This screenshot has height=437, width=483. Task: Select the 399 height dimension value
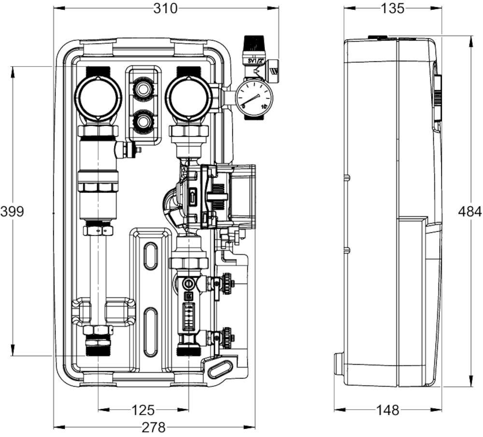(x=12, y=211)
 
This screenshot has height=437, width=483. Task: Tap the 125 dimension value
(x=143, y=410)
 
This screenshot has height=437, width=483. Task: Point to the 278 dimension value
(x=154, y=427)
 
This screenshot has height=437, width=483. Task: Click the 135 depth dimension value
(x=392, y=8)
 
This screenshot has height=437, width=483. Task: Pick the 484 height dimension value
(x=470, y=211)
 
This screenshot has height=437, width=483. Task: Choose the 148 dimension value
(x=388, y=410)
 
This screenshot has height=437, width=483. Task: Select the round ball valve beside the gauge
(x=188, y=96)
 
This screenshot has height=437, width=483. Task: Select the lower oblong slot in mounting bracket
(x=150, y=331)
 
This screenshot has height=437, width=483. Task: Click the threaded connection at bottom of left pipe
(x=98, y=346)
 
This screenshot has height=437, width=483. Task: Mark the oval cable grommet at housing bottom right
(x=220, y=370)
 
